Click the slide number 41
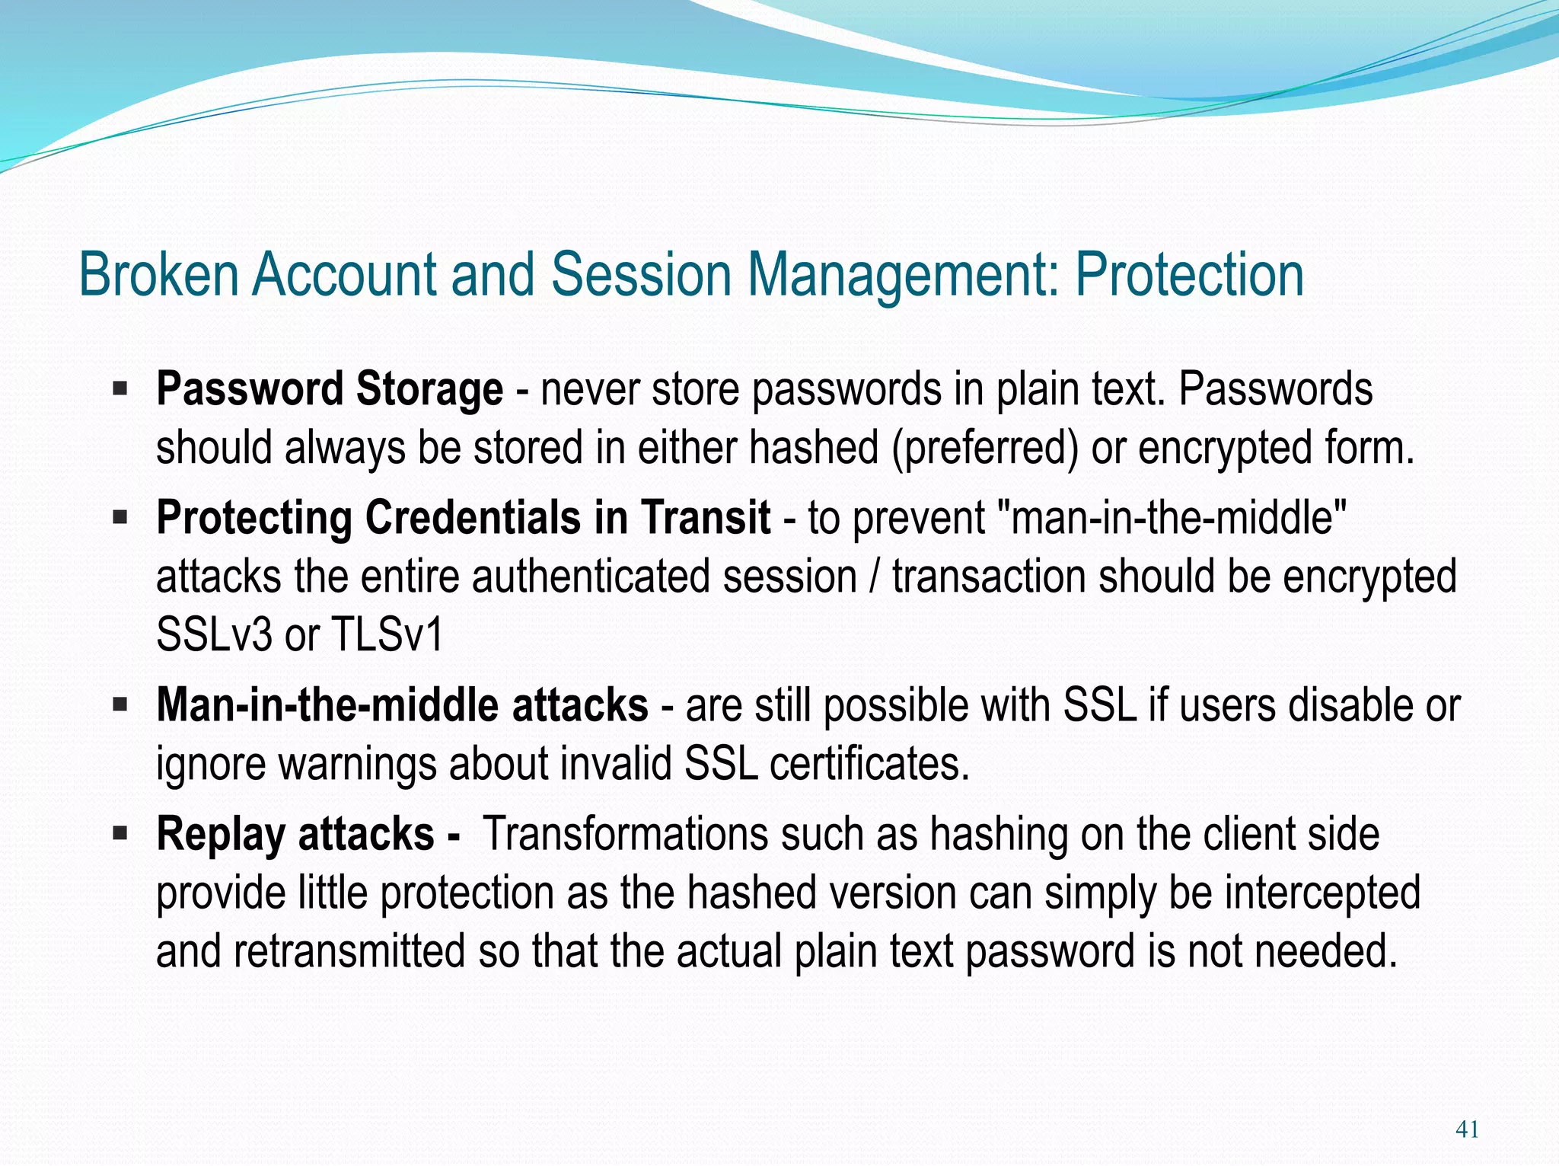coord(1466,1129)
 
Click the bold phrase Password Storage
coord(329,389)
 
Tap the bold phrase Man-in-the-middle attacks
coord(402,705)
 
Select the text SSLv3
coord(214,634)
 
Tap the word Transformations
coord(626,834)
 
